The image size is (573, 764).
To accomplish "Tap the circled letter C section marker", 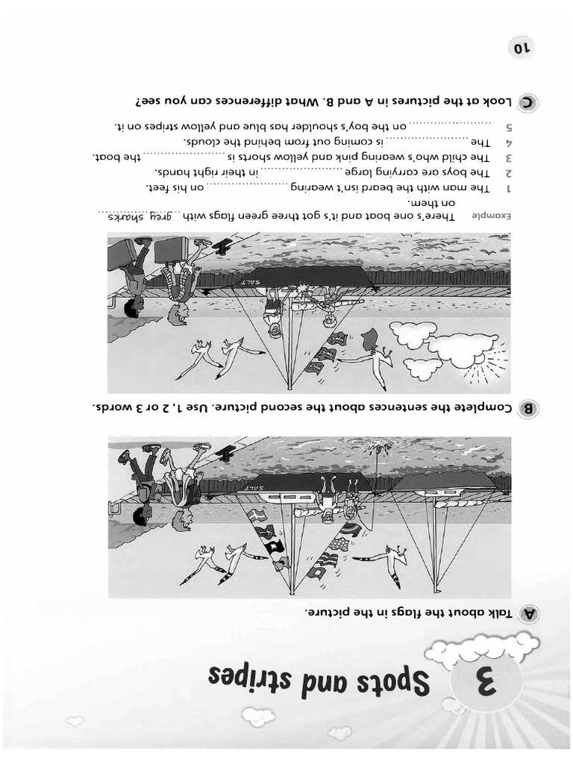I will coord(529,102).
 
